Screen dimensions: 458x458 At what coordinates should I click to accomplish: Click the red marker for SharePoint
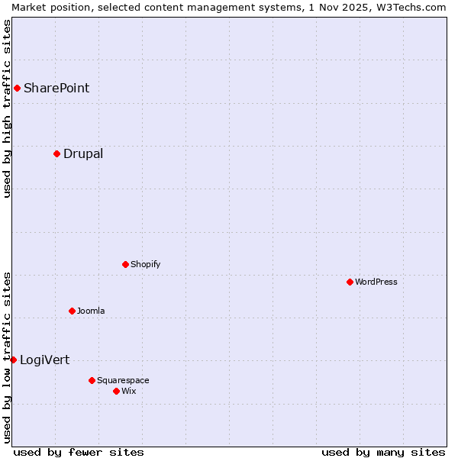pos(17,88)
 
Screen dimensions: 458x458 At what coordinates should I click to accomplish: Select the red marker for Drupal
pos(56,153)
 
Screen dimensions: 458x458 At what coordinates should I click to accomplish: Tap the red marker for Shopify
pos(125,264)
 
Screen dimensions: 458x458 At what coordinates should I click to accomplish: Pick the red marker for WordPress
pos(350,282)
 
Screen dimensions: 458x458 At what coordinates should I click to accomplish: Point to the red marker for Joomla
pos(72,311)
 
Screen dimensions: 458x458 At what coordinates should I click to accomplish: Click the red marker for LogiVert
pos(13,360)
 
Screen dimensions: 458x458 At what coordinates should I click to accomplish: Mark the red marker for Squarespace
pos(92,380)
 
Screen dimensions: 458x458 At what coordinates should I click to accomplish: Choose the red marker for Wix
pos(116,391)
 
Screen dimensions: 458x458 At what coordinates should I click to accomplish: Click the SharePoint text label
pos(56,88)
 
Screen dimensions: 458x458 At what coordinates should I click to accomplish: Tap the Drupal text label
pos(83,153)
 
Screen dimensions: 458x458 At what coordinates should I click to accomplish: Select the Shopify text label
pos(145,264)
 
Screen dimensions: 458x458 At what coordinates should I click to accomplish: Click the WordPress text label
pos(376,282)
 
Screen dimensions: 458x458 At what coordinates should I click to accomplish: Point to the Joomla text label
pos(91,311)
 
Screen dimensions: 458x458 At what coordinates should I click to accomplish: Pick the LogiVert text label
pos(44,360)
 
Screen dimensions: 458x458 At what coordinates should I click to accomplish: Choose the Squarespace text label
pos(123,380)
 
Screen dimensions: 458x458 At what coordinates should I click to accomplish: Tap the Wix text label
pos(128,391)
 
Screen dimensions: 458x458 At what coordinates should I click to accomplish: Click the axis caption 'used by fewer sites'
pos(79,452)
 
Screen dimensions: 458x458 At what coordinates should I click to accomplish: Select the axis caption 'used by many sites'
pos(383,452)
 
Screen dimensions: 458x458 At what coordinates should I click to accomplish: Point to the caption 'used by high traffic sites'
pos(7,108)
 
